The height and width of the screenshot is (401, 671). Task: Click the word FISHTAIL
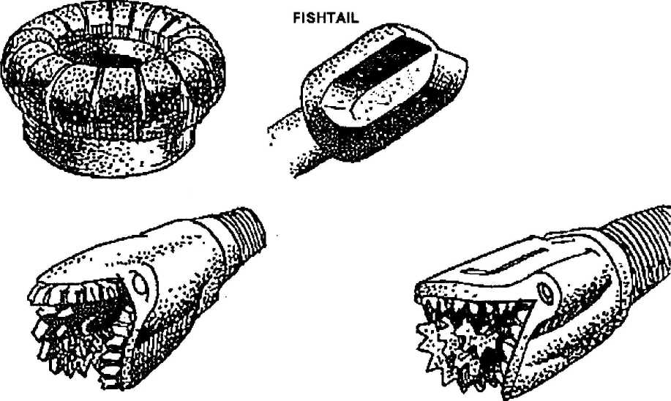[x=326, y=18]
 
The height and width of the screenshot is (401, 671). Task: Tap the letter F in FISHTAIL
[x=297, y=18]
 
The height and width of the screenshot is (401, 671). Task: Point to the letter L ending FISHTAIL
[x=354, y=18]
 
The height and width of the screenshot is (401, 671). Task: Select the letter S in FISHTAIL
[x=310, y=18]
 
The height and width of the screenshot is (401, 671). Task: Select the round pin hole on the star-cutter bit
[x=547, y=292]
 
